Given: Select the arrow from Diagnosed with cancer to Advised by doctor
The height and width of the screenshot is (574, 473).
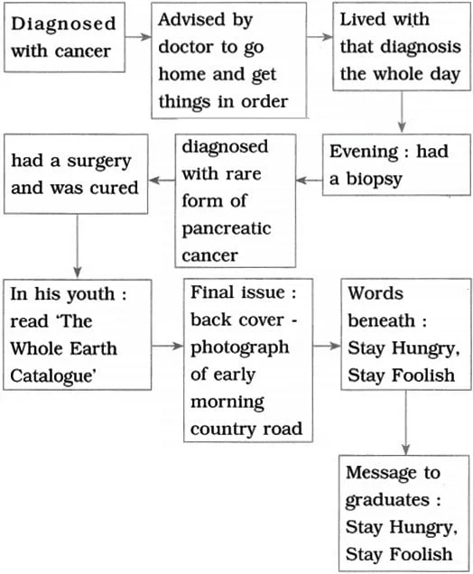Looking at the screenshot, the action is click(137, 37).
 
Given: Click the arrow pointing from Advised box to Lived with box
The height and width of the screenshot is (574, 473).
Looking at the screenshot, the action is click(320, 37).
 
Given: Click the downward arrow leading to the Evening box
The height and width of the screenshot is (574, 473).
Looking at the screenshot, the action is click(402, 112).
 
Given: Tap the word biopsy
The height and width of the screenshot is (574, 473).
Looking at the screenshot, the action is click(374, 180).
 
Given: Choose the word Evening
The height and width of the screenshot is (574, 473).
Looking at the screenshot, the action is click(364, 153).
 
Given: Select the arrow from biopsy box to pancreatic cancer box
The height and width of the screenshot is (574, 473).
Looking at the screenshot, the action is click(309, 181).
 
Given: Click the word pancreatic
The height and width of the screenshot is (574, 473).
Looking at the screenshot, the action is click(227, 229).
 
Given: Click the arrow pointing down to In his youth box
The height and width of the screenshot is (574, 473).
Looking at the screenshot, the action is click(78, 246).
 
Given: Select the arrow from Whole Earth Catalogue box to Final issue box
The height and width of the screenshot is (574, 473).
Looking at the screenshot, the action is click(167, 346).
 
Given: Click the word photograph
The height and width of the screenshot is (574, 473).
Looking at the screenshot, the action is click(240, 347).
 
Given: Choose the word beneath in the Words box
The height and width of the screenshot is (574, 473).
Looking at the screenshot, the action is click(381, 321).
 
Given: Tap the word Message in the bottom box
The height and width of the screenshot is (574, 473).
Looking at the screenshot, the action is click(381, 473).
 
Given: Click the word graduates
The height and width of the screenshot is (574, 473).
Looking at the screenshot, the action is click(387, 500).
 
